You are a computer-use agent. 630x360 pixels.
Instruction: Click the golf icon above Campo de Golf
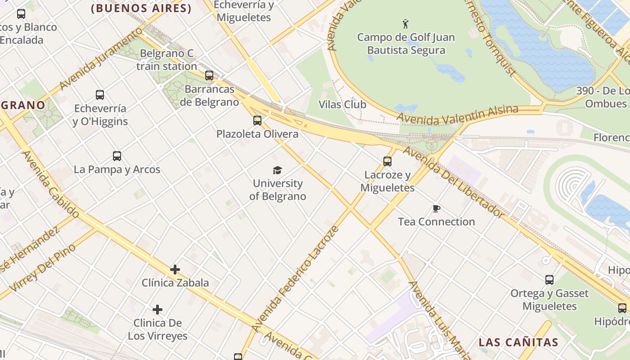pyautogui.click(x=405, y=24)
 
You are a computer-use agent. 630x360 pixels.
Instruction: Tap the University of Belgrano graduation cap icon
pyautogui.click(x=278, y=170)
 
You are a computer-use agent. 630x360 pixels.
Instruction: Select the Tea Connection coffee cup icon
pyautogui.click(x=436, y=208)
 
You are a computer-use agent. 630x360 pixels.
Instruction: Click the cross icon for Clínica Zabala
pyautogui.click(x=175, y=270)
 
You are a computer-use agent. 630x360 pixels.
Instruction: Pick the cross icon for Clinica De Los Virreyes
pyautogui.click(x=157, y=310)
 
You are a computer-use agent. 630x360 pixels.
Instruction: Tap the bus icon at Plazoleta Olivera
pyautogui.click(x=257, y=121)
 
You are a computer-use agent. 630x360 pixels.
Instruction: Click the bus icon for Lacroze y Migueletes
pyautogui.click(x=387, y=161)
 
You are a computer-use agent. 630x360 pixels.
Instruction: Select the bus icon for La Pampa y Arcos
pyautogui.click(x=117, y=156)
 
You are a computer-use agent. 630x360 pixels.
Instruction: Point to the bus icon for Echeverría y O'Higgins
pyautogui.click(x=100, y=95)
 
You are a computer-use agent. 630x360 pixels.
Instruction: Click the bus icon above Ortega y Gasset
pyautogui.click(x=549, y=280)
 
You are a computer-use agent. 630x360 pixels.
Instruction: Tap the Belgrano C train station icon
pyautogui.click(x=209, y=76)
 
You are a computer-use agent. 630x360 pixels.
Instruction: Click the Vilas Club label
pyautogui.click(x=342, y=104)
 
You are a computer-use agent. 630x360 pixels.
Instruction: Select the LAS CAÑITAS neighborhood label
pyautogui.click(x=518, y=342)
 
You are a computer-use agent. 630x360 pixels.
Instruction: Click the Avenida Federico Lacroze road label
pyautogui.click(x=295, y=279)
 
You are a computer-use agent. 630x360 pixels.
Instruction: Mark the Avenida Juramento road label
pyautogui.click(x=100, y=59)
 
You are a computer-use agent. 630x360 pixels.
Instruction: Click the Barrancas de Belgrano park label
pyautogui.click(x=209, y=95)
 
